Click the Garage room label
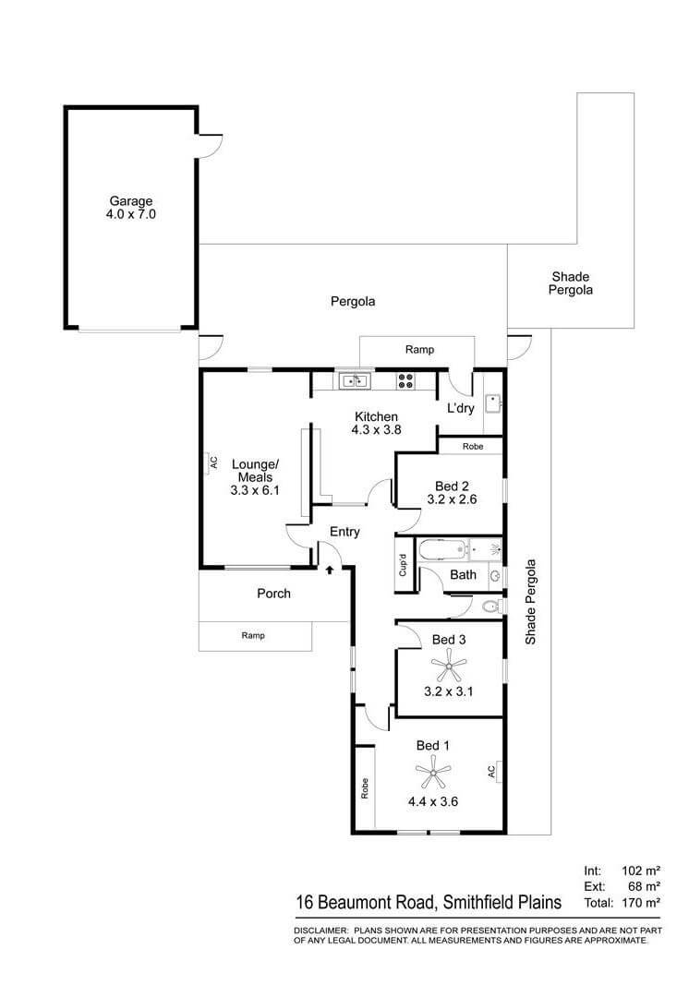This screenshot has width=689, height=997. click(x=130, y=200)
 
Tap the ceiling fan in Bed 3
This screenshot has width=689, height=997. click(x=448, y=663)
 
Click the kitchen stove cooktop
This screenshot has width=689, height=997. click(x=406, y=379)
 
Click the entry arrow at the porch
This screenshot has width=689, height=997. click(x=329, y=570)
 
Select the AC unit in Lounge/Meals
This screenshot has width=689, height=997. click(x=212, y=462)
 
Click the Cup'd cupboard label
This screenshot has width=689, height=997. click(x=403, y=564)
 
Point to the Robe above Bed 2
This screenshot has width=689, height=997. click(x=472, y=446)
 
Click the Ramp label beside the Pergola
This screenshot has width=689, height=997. click(x=419, y=350)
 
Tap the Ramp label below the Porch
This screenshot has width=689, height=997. click(x=254, y=635)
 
